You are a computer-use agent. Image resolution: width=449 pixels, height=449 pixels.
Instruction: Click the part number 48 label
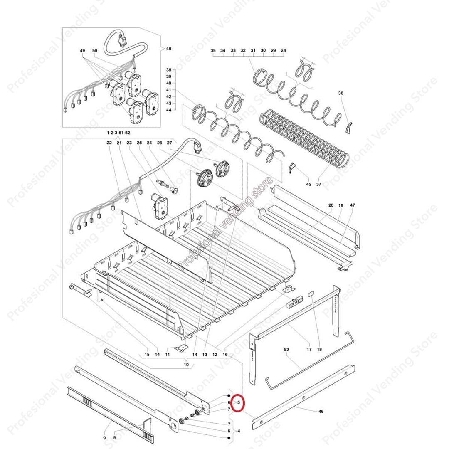point(168,49)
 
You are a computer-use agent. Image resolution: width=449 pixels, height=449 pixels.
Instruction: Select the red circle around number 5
point(239,402)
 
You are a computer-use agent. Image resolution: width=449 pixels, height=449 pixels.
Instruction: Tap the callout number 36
point(341,94)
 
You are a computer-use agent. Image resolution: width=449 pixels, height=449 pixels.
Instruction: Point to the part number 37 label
point(319,184)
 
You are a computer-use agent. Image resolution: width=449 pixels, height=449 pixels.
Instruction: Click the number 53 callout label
point(286,350)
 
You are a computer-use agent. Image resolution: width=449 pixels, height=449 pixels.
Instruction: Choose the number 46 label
point(321,412)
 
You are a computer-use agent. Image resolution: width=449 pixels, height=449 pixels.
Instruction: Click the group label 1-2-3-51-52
point(118,132)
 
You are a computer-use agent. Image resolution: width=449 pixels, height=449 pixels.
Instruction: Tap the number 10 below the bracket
point(186,365)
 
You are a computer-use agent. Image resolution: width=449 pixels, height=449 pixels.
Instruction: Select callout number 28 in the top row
point(284,50)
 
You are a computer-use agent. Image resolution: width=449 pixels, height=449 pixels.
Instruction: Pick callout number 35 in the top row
point(213,50)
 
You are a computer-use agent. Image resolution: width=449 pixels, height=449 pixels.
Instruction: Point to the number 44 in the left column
point(168,110)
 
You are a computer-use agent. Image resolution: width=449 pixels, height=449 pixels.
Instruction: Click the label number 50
point(95,51)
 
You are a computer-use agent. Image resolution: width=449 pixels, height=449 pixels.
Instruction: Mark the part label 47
point(353,205)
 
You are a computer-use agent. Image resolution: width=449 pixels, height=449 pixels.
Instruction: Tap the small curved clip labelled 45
point(293,168)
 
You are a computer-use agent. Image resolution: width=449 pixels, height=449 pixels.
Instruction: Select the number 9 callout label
point(104,437)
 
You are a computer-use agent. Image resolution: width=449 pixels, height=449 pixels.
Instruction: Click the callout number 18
point(319,350)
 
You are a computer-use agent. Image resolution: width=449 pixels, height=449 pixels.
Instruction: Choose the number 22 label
point(109,143)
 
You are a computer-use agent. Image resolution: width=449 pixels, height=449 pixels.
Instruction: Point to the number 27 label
point(169,143)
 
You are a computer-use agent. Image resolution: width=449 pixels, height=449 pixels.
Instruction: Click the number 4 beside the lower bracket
point(238,431)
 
